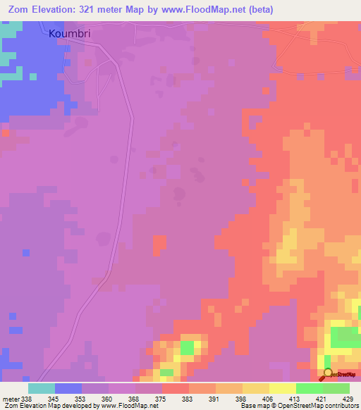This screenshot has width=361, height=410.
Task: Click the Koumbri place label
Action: [71, 33]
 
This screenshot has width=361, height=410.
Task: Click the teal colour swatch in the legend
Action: [42, 388]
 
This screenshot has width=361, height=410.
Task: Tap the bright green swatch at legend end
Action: [337, 388]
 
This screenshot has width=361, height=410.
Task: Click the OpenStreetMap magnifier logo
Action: [328, 375]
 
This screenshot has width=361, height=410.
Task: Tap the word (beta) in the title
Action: [258, 10]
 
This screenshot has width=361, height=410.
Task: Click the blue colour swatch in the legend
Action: [68, 388]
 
